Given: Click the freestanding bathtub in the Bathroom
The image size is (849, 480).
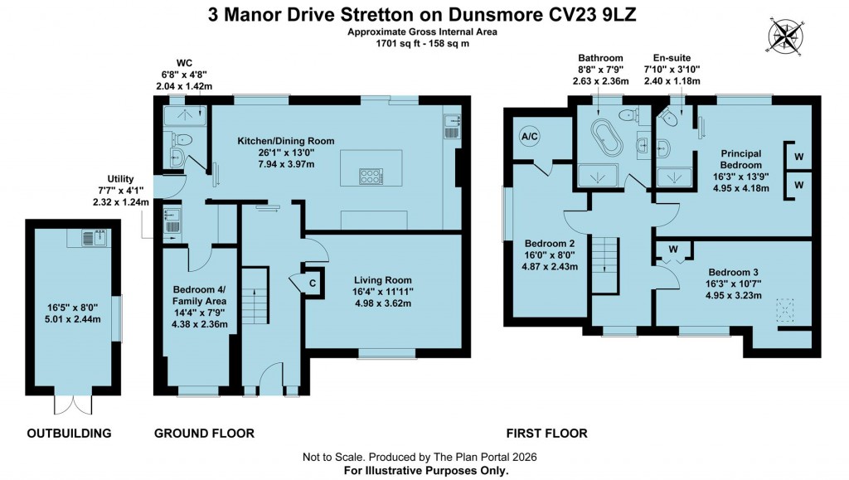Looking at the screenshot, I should (604, 137).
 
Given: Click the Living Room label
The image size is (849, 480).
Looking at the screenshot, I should (384, 280).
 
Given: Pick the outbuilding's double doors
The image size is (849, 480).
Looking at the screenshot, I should (70, 404).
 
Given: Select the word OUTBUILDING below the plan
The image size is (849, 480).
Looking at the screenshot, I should (70, 434).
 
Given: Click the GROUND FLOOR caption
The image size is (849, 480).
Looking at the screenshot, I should (205, 434).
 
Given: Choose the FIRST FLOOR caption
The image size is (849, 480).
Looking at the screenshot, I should (547, 434).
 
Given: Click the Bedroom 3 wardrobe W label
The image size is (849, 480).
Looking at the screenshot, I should (673, 248).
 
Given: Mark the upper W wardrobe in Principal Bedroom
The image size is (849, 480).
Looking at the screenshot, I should (798, 157).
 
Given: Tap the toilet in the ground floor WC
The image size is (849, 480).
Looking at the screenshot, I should (183, 138).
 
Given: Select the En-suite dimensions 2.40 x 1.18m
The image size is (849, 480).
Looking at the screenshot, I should (672, 81).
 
